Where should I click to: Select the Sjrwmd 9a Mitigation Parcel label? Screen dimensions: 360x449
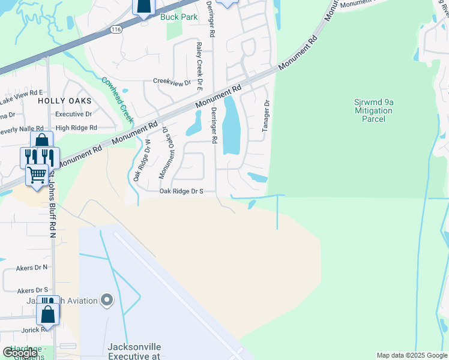[373, 110]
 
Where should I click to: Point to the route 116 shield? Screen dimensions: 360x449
[116, 29]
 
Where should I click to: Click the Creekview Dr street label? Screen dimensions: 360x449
[171, 82]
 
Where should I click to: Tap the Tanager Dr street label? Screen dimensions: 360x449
[266, 116]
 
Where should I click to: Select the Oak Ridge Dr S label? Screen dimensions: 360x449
[181, 191]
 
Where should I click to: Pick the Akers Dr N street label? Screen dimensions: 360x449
[32, 267]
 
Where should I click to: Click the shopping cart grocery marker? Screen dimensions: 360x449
[37, 176]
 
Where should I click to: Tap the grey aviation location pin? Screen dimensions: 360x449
[107, 299]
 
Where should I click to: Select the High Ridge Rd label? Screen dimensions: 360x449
[76, 128]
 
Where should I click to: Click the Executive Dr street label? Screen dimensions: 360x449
[73, 113]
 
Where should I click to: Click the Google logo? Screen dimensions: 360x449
[20, 353]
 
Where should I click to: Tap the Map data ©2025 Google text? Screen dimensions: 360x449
[411, 355]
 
